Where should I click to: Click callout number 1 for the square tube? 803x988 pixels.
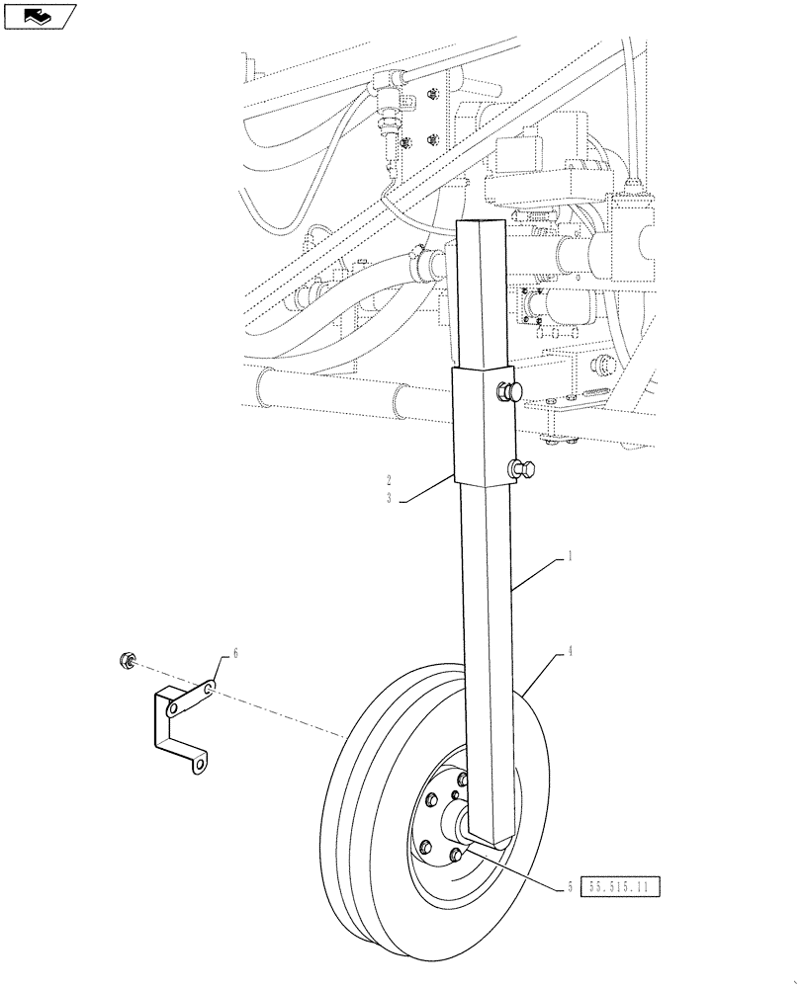(x=571, y=557)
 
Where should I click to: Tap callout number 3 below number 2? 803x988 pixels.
(x=390, y=499)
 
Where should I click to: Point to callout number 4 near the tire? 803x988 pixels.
(x=571, y=652)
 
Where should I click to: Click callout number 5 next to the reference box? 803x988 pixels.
(x=570, y=887)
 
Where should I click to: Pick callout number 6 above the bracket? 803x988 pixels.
(x=234, y=653)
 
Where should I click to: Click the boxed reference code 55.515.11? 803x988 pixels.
(x=622, y=887)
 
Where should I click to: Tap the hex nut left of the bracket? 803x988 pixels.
(x=126, y=659)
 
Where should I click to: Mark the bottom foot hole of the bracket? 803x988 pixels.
(x=202, y=764)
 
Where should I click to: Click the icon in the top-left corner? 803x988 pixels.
(x=41, y=16)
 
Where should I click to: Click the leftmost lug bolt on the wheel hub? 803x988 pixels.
(x=425, y=846)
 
